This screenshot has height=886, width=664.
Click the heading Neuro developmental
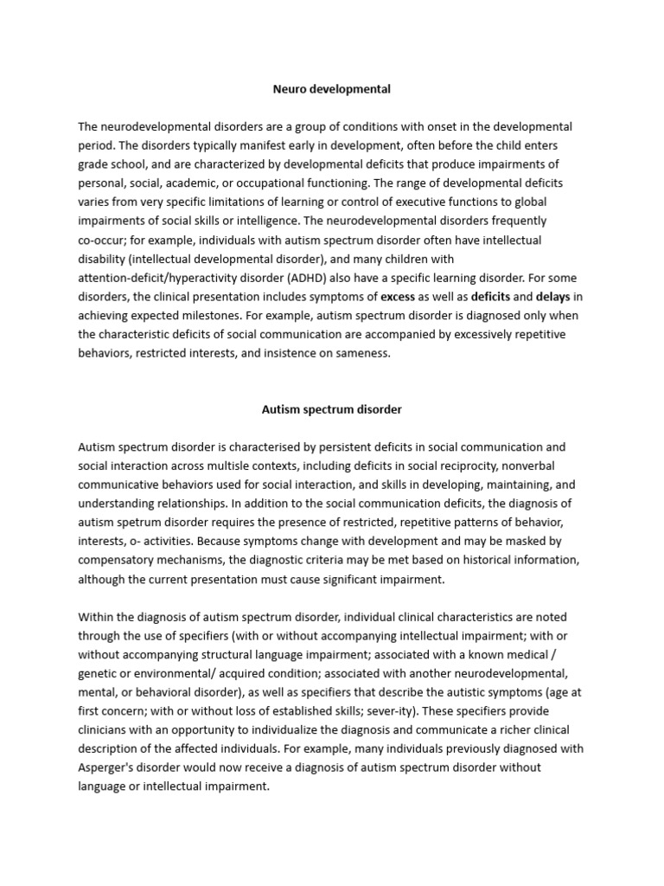pyautogui.click(x=331, y=88)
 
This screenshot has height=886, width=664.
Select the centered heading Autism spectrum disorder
pyautogui.click(x=331, y=409)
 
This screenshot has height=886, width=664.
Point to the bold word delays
pyautogui.click(x=553, y=296)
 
